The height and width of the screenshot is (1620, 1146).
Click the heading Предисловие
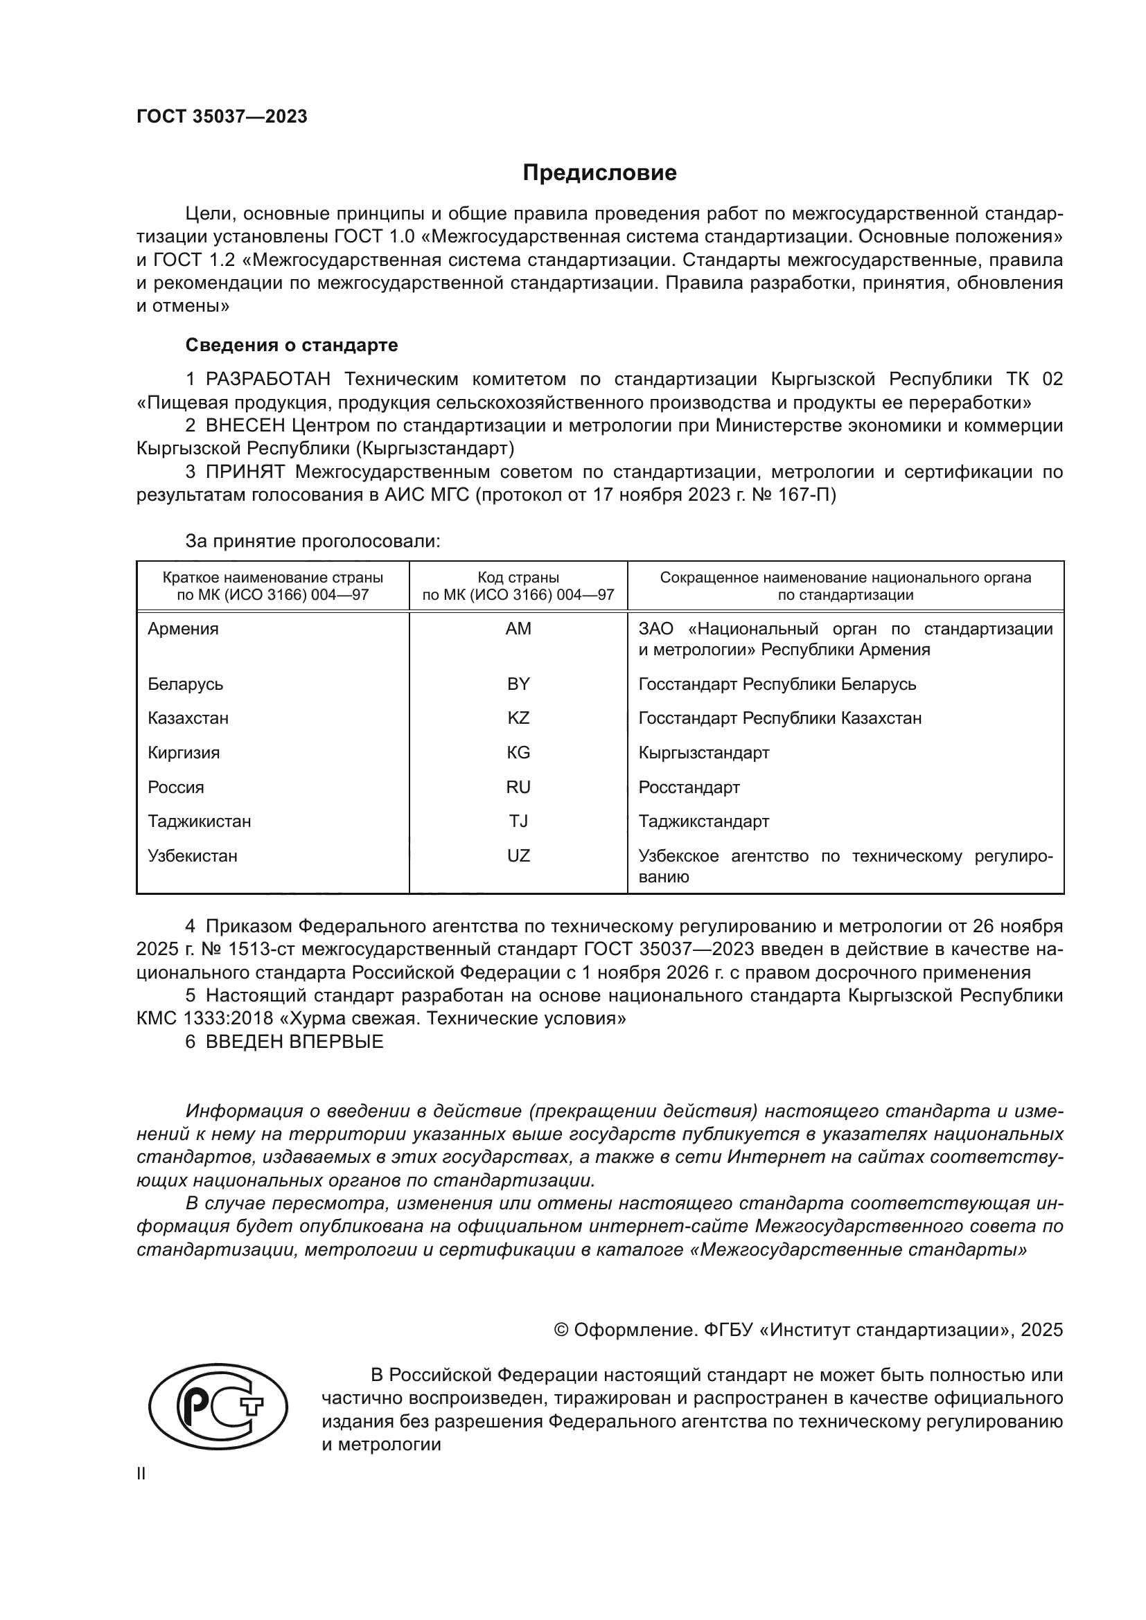pos(599,173)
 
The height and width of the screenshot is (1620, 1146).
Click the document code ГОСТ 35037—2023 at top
pos(222,117)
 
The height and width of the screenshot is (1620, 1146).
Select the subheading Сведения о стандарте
pos(292,345)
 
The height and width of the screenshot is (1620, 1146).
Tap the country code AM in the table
pos(518,629)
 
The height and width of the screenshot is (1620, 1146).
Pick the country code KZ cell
pos(518,718)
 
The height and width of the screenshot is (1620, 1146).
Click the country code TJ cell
pos(518,821)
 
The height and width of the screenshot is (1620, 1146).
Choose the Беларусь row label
pos(186,684)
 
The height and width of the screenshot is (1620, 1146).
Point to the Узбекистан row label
pos(193,856)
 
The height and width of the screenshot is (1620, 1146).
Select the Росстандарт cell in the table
pos(689,787)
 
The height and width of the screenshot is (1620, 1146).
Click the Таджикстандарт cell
pos(703,821)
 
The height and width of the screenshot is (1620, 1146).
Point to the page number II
pos(141,1473)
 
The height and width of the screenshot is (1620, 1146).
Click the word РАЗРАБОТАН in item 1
pos(267,380)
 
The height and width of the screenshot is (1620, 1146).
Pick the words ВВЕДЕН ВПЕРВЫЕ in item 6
pos(294,1042)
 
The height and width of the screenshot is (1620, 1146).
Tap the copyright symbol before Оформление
pos(561,1330)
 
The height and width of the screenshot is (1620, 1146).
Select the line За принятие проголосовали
pos(312,541)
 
